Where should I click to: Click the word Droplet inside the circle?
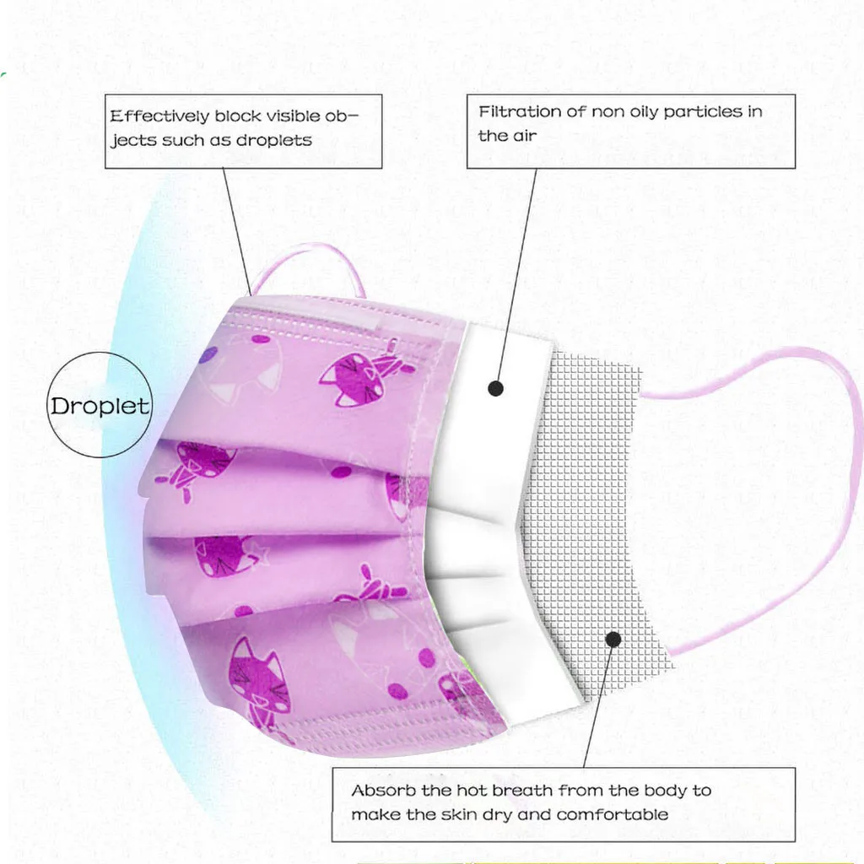100,406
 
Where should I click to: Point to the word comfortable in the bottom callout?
613,814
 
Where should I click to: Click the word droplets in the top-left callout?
273,140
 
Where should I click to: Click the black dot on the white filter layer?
496,388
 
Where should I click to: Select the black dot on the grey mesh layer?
614,640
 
